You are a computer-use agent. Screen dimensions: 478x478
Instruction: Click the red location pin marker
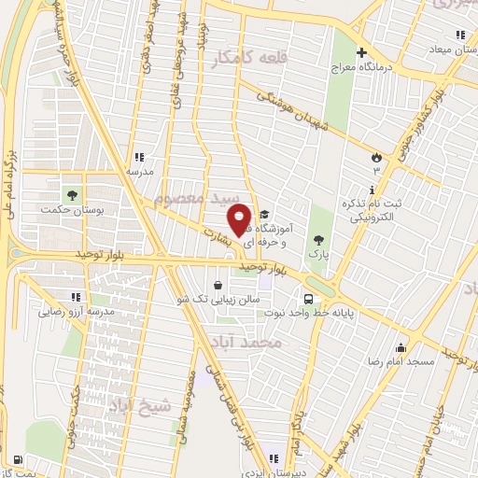240,219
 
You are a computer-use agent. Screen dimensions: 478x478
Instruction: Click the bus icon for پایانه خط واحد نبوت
308,299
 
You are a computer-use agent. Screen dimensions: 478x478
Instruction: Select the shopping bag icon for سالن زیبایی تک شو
218,285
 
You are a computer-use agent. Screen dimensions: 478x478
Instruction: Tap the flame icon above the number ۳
377,156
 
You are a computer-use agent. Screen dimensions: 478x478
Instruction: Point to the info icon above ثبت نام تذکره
373,190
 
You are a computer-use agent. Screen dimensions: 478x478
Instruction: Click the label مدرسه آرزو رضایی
75,310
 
